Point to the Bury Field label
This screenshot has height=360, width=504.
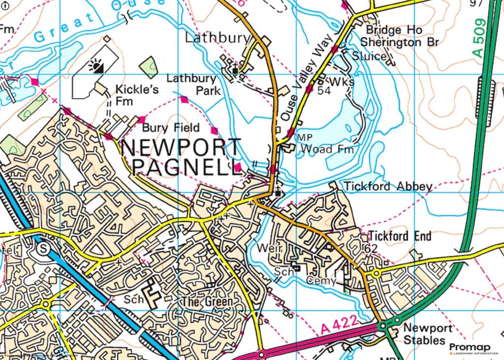(171, 128)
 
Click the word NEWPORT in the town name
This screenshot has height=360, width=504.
(181, 148)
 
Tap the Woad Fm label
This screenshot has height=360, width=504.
(327, 149)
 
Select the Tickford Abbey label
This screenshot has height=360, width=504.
(388, 186)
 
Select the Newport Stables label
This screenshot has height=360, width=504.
(424, 334)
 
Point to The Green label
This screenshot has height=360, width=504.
(206, 301)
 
